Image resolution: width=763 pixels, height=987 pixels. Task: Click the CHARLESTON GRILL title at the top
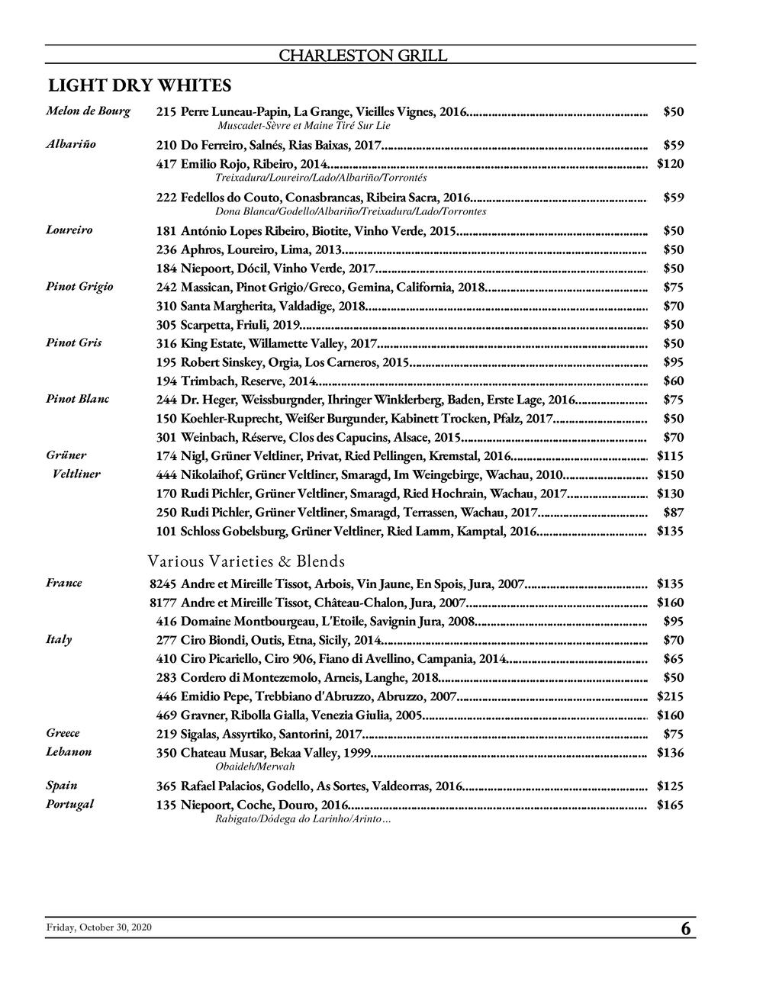[362, 56]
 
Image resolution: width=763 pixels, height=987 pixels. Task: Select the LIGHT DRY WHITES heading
[140, 85]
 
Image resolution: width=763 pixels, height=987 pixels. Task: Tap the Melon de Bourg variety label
[88, 111]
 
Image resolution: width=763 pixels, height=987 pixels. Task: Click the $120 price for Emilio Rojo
[670, 163]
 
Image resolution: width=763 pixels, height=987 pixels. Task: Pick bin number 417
[166, 163]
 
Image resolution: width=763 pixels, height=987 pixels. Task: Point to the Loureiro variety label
[69, 230]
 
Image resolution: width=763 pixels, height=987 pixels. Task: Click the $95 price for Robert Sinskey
[673, 362]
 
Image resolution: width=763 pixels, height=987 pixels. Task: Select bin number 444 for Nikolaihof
[166, 474]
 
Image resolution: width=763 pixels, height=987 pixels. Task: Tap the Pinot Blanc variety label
[77, 399]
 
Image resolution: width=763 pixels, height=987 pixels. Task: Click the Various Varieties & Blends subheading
[246, 561]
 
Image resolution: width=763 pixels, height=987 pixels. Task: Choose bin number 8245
[163, 584]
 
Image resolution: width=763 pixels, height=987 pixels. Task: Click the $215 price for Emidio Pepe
[670, 696]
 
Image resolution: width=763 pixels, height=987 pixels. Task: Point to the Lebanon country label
[69, 751]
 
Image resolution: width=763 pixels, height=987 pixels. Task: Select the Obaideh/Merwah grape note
[255, 766]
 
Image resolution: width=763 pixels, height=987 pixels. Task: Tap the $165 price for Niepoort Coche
[670, 804]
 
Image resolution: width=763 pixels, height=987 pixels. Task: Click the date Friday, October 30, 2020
[99, 927]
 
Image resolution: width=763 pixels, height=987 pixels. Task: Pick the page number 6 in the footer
[685, 929]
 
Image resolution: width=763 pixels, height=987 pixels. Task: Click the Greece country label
[63, 733]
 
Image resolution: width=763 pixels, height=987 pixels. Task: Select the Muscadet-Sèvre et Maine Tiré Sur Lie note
[304, 125]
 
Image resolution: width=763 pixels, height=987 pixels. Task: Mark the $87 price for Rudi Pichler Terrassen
[673, 512]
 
